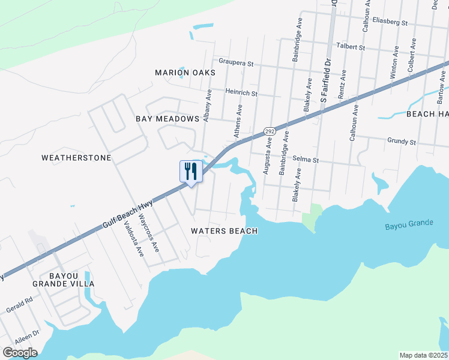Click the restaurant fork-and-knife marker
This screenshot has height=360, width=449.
190,172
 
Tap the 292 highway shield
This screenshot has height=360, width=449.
270,131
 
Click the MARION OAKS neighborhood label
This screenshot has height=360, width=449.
185,73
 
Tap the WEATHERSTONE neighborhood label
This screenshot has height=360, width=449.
76,158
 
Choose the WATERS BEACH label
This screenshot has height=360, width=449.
224,231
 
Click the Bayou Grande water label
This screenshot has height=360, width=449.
409,224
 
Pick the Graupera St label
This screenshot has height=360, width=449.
237,62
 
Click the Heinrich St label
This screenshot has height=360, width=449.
241,93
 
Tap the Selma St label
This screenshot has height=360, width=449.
305,160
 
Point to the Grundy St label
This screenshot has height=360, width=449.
401,142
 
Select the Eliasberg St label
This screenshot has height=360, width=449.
390,22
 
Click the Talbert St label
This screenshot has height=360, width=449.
351,46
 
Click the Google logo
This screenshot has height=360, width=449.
20,353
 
